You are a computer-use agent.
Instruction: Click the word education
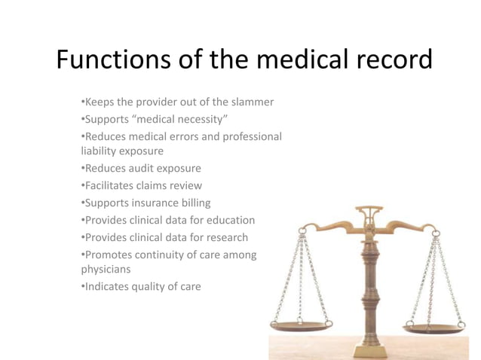229,220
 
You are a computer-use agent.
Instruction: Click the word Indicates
106,286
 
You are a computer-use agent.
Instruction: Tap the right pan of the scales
434,328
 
